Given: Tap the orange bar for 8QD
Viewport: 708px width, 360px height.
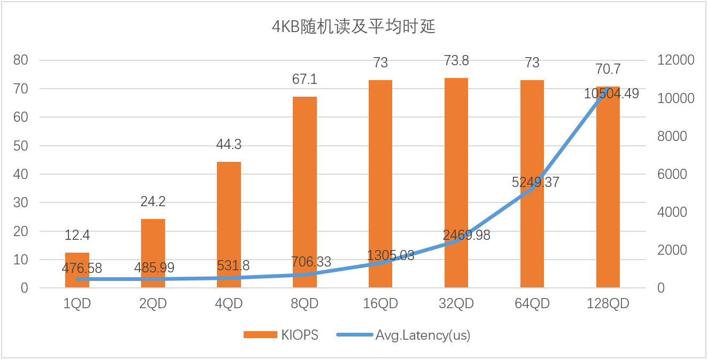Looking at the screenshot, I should point(305,192).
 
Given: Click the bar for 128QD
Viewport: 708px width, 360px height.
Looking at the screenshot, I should point(608,187).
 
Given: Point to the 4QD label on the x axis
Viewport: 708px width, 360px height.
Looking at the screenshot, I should point(229,304).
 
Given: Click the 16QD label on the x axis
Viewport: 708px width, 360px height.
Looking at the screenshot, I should point(380,304).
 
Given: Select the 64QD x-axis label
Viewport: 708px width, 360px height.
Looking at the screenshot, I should point(532,304).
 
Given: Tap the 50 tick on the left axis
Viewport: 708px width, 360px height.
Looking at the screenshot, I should point(21,146).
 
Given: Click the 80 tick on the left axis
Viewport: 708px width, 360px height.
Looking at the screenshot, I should point(21,60).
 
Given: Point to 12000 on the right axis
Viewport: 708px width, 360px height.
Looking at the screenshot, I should point(675,60).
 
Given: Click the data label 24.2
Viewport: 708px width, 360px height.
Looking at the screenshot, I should point(153,202).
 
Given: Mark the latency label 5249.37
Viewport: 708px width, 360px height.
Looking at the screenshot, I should point(535,182).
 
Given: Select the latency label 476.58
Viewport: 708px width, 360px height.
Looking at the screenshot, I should point(82,268).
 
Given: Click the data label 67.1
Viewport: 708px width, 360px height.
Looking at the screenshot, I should point(305,80).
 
